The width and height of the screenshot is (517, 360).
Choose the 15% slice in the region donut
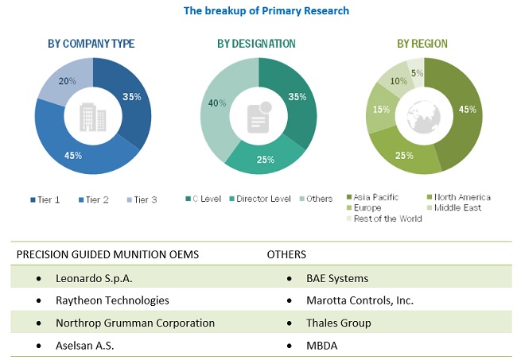coord(381,110)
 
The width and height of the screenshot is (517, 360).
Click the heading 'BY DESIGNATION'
coord(256,44)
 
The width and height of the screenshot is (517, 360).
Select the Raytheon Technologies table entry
coord(112,300)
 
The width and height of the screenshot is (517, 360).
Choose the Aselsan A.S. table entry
coord(89,346)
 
